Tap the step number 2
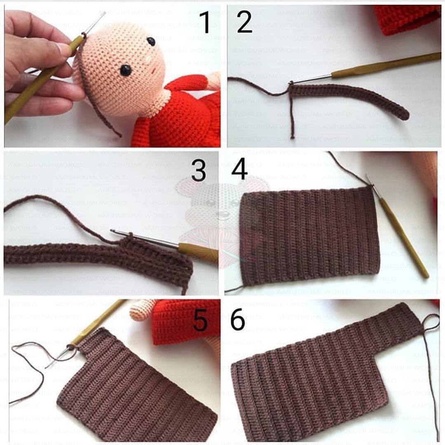coord(244,22)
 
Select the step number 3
coord(199,170)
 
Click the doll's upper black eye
coord(151,42)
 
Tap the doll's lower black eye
coord(126,70)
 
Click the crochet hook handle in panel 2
coord(386,65)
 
